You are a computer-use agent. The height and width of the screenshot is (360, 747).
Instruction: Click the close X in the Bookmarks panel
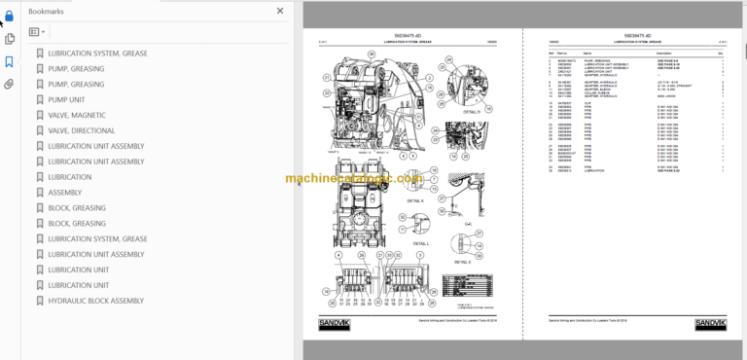pos(280,11)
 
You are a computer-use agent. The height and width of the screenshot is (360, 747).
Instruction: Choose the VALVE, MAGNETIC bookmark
pos(77,115)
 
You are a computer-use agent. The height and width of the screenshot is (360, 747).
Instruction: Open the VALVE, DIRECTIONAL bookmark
pos(81,130)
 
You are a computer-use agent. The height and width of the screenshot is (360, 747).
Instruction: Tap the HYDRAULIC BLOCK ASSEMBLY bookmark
pos(95,301)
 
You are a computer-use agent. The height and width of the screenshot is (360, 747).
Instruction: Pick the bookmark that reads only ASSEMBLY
pos(64,193)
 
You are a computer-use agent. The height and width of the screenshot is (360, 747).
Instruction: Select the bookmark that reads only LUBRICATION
pos(70,177)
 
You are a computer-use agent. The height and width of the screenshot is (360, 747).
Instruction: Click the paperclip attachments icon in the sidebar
pos(10,85)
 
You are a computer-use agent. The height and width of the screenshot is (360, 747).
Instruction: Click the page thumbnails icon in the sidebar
pos(10,39)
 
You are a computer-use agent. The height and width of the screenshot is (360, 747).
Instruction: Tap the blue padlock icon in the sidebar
pos(10,15)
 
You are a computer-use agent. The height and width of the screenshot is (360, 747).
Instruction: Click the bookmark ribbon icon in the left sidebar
pos(10,62)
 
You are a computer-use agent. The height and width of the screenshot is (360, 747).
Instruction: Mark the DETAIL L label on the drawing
pos(423,244)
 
